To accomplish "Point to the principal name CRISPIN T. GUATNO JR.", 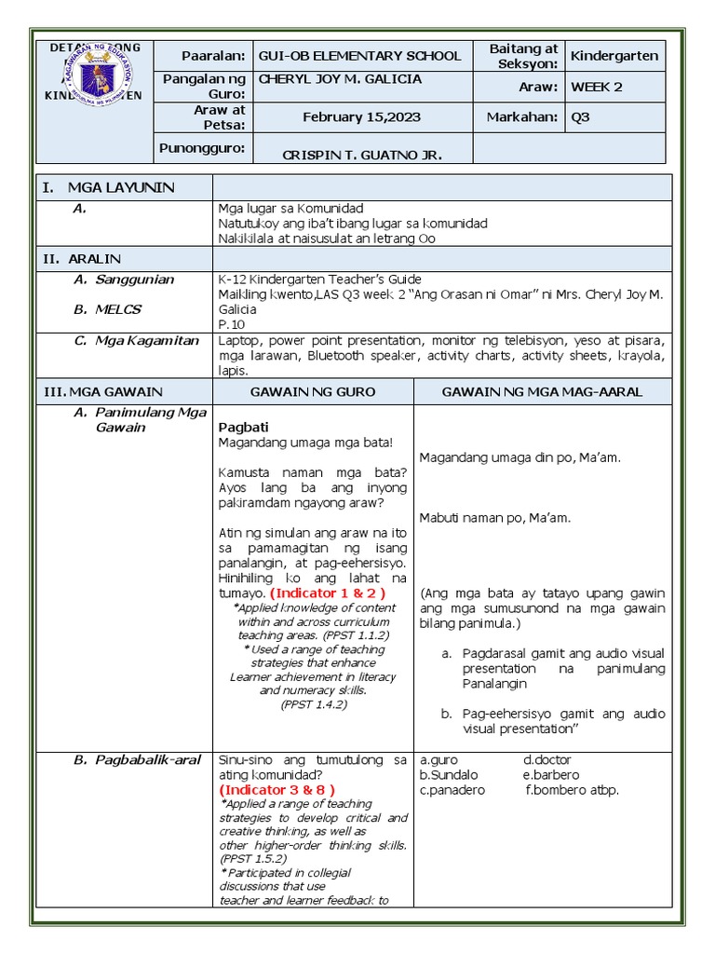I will tap(362, 154).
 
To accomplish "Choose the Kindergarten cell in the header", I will tap(614, 56).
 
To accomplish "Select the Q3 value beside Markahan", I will tap(581, 116).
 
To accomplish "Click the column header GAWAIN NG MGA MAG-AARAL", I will tap(542, 391).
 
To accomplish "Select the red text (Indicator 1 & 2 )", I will tap(327, 593).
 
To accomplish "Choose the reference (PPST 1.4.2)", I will tap(314, 705).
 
